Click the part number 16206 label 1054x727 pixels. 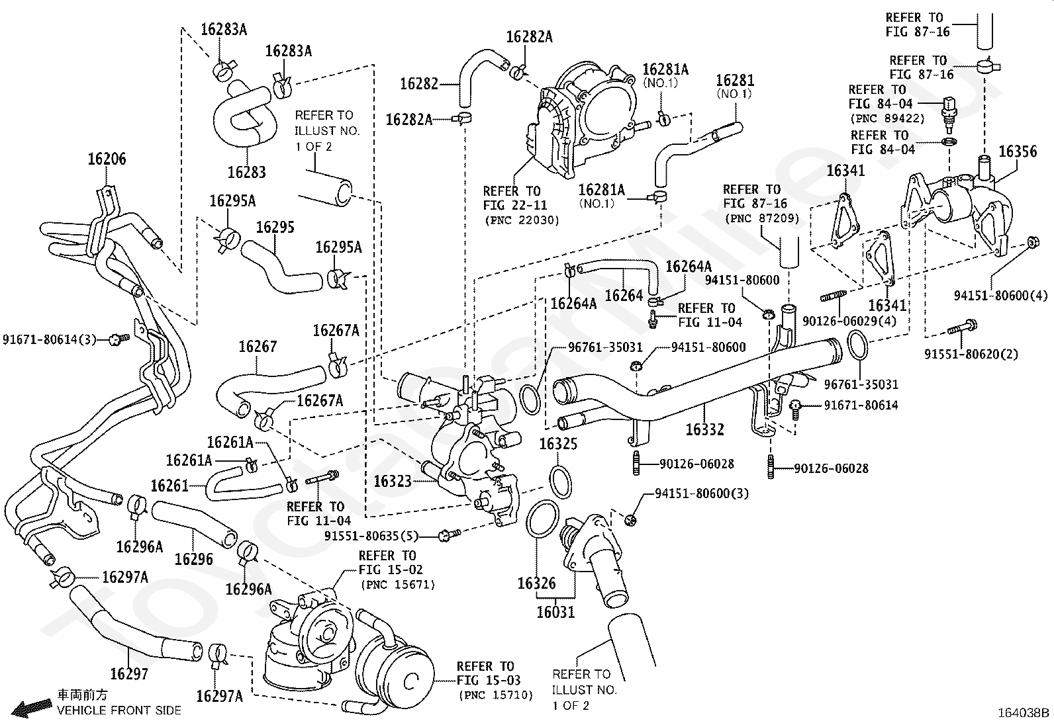pos(107,159)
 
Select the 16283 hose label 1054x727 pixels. pos(246,172)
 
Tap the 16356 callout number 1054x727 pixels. pos(1018,151)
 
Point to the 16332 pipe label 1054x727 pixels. pos(704,429)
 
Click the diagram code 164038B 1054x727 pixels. pos(1024,713)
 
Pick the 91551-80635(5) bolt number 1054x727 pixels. pos(380,535)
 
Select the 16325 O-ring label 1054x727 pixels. pos(559,443)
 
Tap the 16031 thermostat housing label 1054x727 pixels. pos(555,612)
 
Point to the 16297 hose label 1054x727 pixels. pos(129,674)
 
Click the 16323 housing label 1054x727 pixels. pos(393,481)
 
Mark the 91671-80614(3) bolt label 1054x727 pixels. pos(50,339)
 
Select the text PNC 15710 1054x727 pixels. pos(495,695)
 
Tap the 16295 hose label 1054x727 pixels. pos(275,227)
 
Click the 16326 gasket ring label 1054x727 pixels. pos(536,583)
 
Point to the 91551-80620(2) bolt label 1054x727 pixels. pos(971,354)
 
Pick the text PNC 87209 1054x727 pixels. pos(761,218)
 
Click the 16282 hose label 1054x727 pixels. pos(419,84)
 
